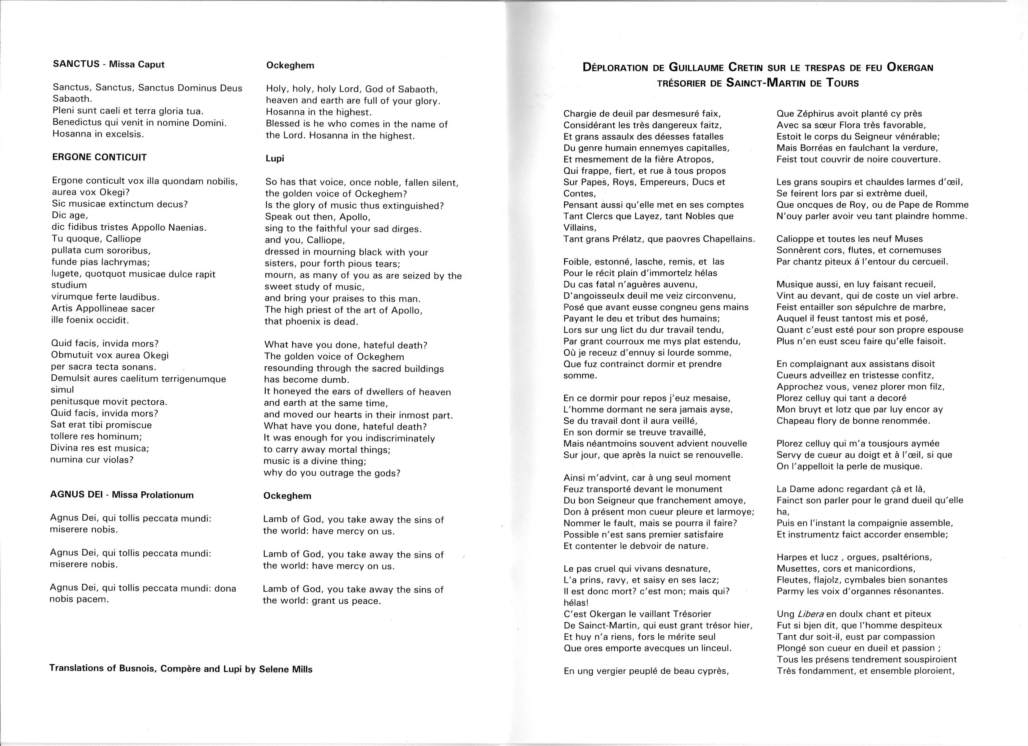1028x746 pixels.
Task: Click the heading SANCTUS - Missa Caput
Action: point(108,64)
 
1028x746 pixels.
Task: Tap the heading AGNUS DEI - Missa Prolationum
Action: point(122,495)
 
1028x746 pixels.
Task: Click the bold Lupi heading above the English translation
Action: point(275,158)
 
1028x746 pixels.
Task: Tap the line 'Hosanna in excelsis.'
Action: point(98,134)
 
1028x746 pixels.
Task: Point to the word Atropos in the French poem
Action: point(695,159)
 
